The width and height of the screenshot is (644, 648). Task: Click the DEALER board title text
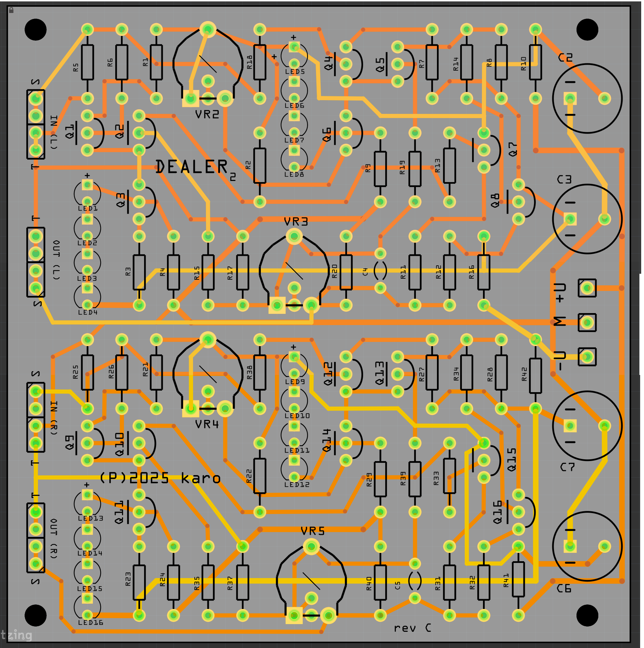[x=192, y=167]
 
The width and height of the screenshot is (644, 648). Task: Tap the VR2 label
[x=207, y=114]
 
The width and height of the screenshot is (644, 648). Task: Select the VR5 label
[x=313, y=531]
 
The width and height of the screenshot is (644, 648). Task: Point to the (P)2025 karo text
[x=160, y=478]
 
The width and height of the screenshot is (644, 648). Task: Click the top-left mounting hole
[x=36, y=30]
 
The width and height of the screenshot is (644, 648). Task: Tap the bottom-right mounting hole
[x=587, y=615]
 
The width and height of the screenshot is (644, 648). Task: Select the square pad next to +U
[x=587, y=288]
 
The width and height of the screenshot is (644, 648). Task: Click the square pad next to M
[x=587, y=323]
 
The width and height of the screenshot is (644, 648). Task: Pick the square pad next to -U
[x=587, y=357]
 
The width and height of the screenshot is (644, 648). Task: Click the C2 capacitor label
[x=565, y=58]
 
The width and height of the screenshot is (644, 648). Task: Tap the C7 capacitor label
[x=567, y=467]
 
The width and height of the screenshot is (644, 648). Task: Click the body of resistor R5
[x=87, y=62]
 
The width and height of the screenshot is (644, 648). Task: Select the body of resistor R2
[x=259, y=166]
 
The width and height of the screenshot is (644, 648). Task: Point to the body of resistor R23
[x=139, y=582]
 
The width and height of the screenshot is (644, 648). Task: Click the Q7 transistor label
[x=513, y=149]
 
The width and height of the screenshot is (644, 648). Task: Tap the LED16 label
[x=90, y=622]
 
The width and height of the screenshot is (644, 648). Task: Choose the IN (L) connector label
[x=54, y=132]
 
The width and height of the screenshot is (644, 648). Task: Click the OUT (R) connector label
[x=54, y=538]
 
